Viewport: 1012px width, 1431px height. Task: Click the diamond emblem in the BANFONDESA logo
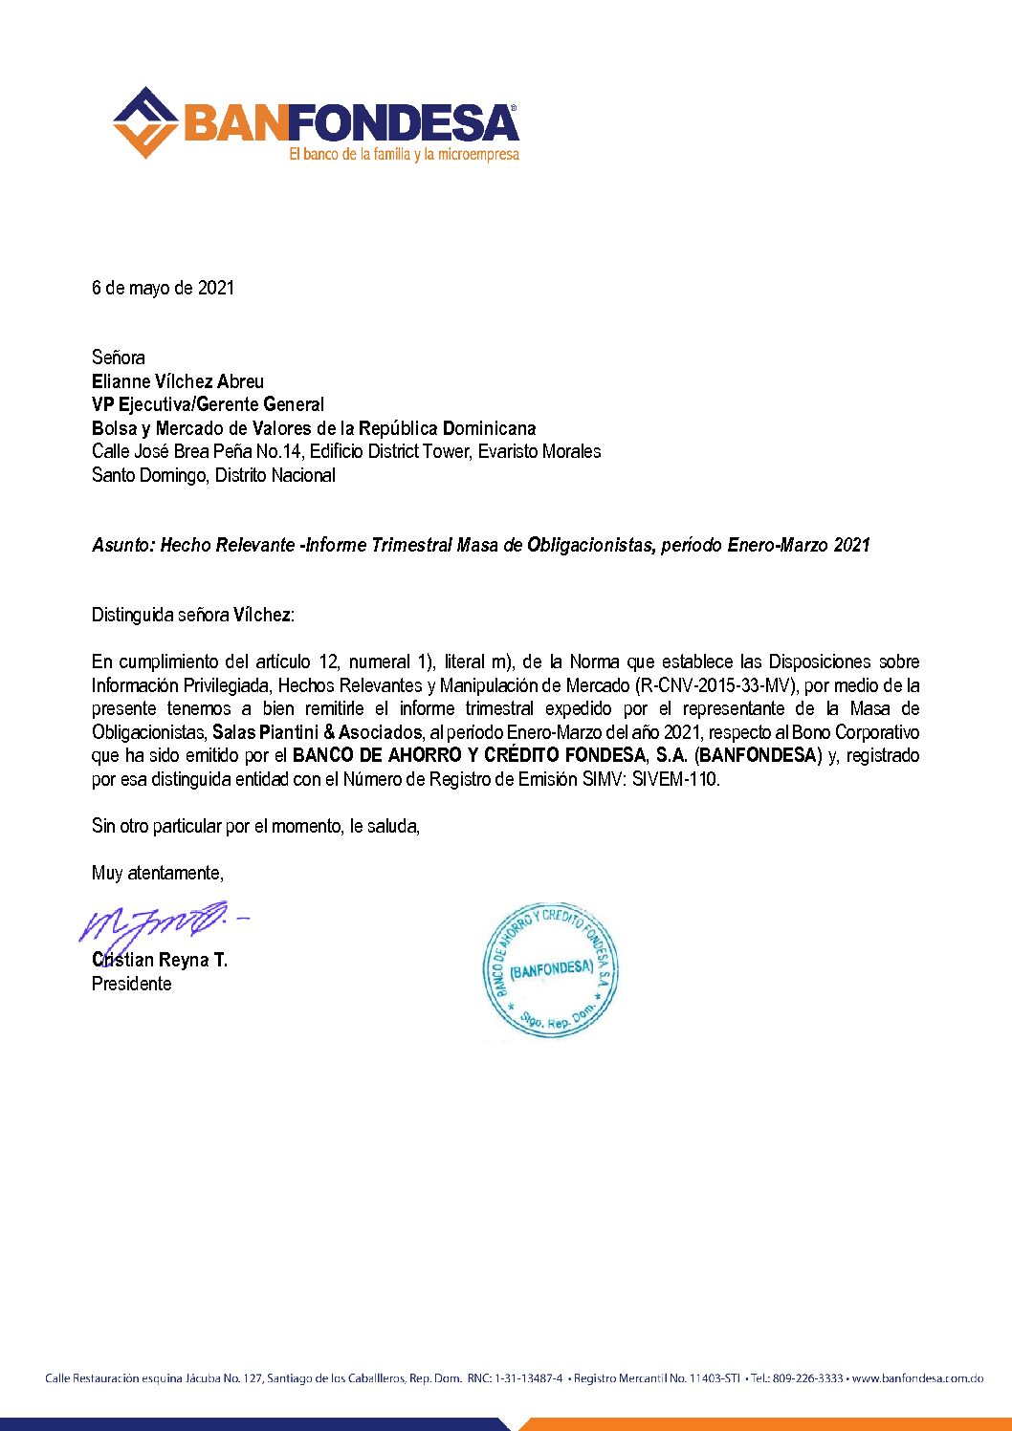click(x=145, y=122)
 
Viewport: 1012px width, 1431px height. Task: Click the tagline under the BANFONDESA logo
click(x=404, y=154)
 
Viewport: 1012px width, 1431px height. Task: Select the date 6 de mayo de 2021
click(x=163, y=288)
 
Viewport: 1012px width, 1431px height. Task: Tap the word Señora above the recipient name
click(x=119, y=358)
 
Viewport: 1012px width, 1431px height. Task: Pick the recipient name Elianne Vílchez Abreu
click(x=178, y=381)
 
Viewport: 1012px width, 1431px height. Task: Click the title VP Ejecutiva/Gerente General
click(x=208, y=404)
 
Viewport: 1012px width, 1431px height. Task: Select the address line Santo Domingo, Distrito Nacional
click(x=213, y=475)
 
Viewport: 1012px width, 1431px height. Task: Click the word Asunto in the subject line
click(x=122, y=545)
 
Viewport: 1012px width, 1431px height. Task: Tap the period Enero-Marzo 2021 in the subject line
click(x=799, y=545)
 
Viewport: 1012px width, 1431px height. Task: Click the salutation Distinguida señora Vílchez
click(x=192, y=615)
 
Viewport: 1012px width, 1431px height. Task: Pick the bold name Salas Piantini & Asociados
click(x=317, y=732)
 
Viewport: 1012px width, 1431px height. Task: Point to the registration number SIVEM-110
click(x=675, y=779)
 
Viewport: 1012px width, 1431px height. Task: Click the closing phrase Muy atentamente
click(x=157, y=873)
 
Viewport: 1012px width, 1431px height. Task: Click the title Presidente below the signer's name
click(x=131, y=984)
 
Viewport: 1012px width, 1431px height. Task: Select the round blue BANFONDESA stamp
click(x=551, y=971)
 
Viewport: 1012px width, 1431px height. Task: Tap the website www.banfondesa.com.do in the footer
click(x=917, y=1378)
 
